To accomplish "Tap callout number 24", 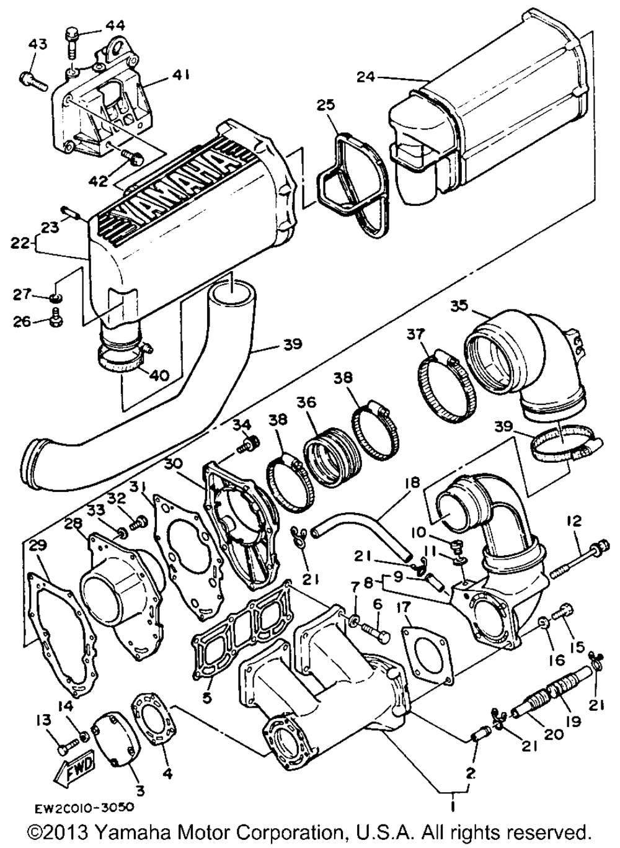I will pyautogui.click(x=366, y=78).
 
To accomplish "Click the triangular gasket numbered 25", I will pyautogui.click(x=352, y=186).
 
